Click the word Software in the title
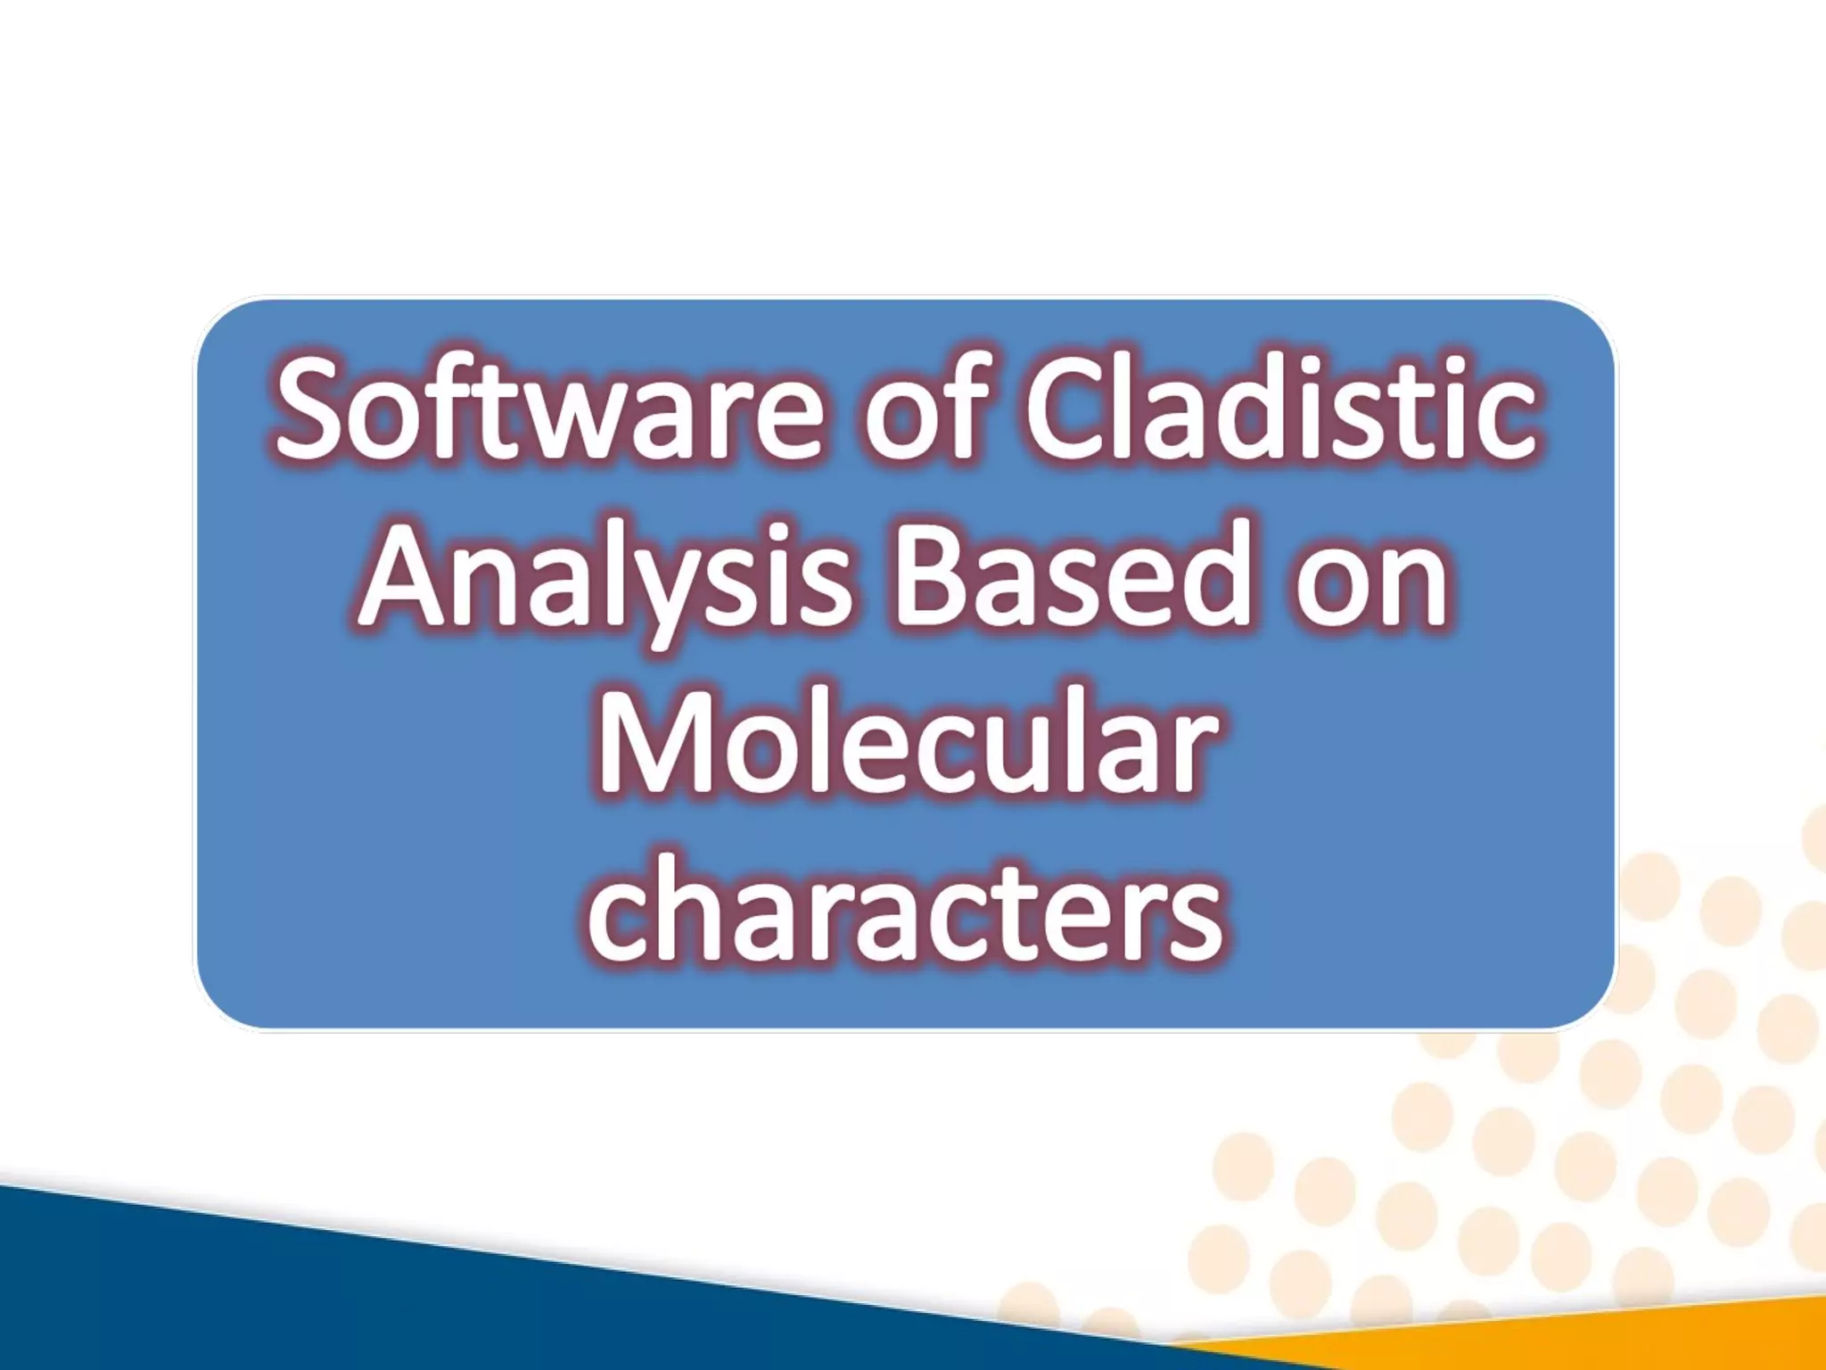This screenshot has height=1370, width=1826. [x=547, y=410]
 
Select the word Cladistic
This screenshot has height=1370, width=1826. [x=1280, y=410]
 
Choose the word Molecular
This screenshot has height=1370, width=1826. [x=906, y=742]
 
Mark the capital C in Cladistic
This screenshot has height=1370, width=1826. [x=1070, y=410]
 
